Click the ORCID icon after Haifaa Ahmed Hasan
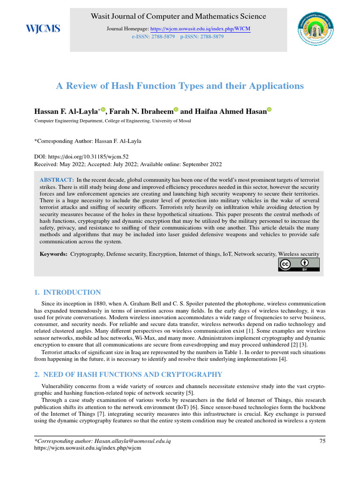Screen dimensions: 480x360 [270, 110]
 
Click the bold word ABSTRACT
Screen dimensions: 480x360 [57, 180]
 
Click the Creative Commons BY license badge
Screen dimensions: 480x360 [299, 265]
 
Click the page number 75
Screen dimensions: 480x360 [322, 441]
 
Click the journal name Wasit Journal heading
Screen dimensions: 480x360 [179, 16]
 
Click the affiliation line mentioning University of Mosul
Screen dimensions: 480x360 [110, 120]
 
